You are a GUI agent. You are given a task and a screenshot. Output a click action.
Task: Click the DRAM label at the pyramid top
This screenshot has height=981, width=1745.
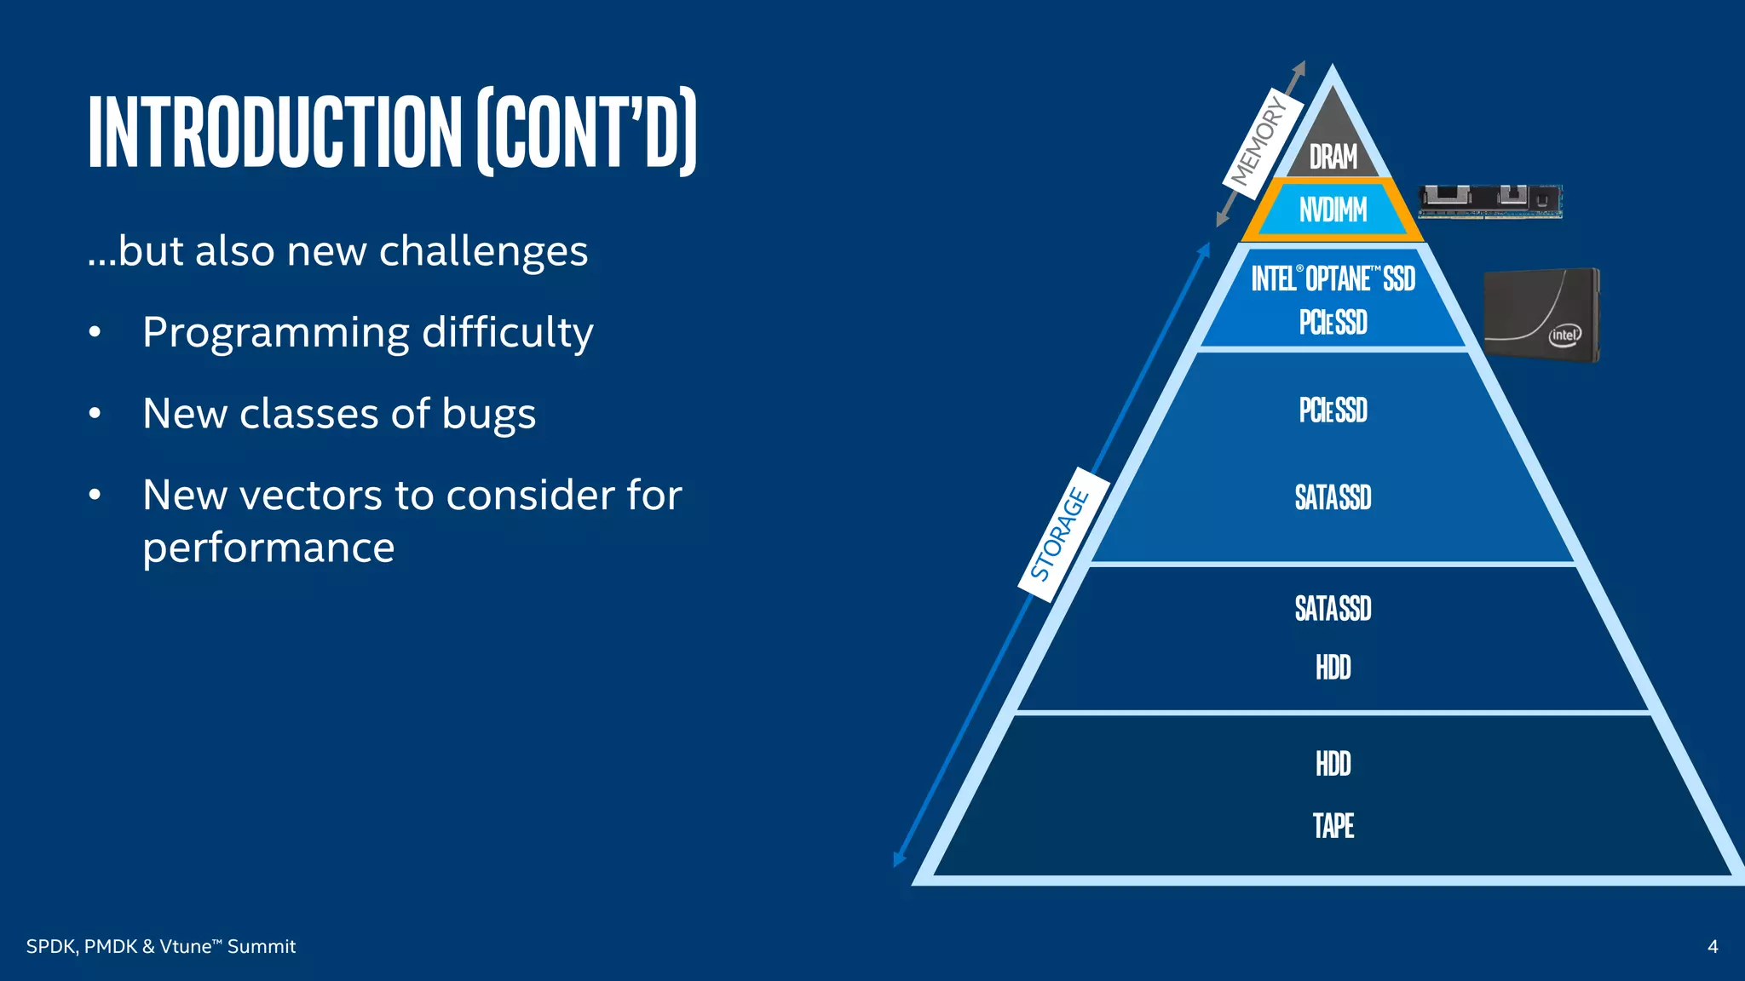point(1333,158)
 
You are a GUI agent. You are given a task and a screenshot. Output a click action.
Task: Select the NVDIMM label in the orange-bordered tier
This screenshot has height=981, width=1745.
point(1333,209)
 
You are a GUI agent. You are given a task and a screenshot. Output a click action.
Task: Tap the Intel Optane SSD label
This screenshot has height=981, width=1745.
point(1333,278)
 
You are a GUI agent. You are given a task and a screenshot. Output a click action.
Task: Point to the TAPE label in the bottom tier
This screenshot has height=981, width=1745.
point(1333,825)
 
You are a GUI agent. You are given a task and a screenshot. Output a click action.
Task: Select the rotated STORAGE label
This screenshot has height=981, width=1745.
point(1060,534)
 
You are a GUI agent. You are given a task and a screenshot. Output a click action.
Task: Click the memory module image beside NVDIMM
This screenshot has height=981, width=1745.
point(1489,202)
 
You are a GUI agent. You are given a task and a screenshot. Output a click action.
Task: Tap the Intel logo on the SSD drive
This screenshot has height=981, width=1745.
point(1564,335)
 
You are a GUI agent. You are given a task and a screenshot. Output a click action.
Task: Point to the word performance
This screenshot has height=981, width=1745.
point(268,547)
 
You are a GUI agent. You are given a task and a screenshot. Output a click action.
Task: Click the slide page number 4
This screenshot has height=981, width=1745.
point(1713,946)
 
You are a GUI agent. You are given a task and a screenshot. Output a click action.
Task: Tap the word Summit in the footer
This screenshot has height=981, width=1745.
point(262,946)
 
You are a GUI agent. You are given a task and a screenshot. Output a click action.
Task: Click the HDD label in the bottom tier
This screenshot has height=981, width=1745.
point(1333,764)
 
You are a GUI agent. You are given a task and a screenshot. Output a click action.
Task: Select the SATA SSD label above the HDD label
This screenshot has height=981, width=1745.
point(1333,608)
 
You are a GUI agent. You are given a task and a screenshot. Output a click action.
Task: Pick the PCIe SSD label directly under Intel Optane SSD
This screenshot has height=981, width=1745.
point(1333,323)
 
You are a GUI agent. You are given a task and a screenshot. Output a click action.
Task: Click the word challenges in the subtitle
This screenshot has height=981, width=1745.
point(483,251)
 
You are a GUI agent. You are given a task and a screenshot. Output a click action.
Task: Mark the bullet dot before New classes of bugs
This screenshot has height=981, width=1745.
point(95,414)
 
